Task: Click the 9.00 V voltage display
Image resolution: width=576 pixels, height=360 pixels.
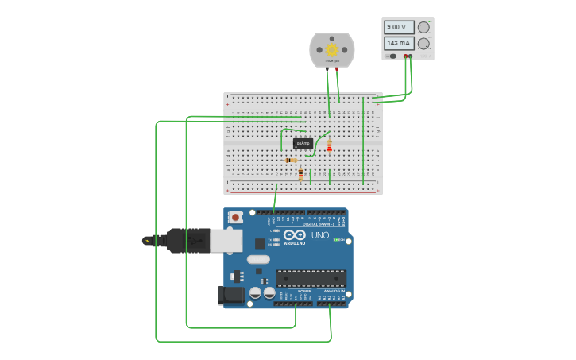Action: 399,27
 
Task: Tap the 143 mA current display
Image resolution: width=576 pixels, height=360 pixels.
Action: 399,43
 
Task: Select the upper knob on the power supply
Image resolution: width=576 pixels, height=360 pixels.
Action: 423,27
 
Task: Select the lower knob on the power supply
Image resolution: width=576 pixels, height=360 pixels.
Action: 423,43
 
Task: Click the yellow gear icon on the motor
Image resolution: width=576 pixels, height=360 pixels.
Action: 332,49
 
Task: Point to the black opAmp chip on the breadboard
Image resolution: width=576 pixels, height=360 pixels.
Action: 303,143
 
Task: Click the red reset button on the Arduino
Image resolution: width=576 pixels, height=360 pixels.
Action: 235,217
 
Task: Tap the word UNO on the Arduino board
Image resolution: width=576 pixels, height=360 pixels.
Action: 319,235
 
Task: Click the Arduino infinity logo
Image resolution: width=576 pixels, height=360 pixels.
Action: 294,236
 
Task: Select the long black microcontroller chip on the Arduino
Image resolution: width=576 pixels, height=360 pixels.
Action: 311,278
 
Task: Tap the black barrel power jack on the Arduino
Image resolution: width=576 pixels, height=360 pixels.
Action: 231,295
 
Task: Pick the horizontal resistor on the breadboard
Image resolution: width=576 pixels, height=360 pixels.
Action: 292,161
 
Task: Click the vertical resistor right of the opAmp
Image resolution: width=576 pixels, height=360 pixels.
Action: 330,145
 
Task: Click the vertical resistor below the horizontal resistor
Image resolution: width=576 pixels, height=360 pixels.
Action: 301,174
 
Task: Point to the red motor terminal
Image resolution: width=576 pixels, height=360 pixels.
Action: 336,69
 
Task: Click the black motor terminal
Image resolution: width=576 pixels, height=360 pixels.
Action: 327,69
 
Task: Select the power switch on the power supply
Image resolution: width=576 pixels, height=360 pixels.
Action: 392,56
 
